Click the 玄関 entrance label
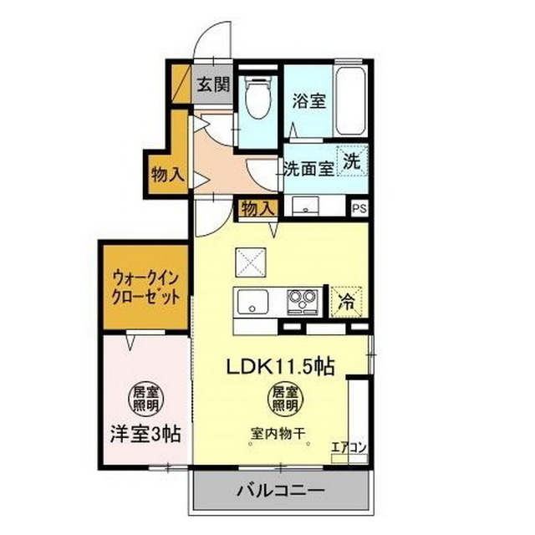pyautogui.click(x=214, y=84)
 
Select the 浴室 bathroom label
pyautogui.click(x=308, y=102)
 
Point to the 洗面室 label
pyautogui.click(x=308, y=166)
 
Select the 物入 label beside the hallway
pyautogui.click(x=167, y=174)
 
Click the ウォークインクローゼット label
pyautogui.click(x=144, y=288)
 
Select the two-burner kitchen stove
pyautogui.click(x=303, y=299)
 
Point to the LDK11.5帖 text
pyautogui.click(x=278, y=365)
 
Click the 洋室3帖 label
pyautogui.click(x=144, y=434)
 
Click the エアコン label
pyautogui.click(x=349, y=447)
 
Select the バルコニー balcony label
pyautogui.click(x=280, y=489)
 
